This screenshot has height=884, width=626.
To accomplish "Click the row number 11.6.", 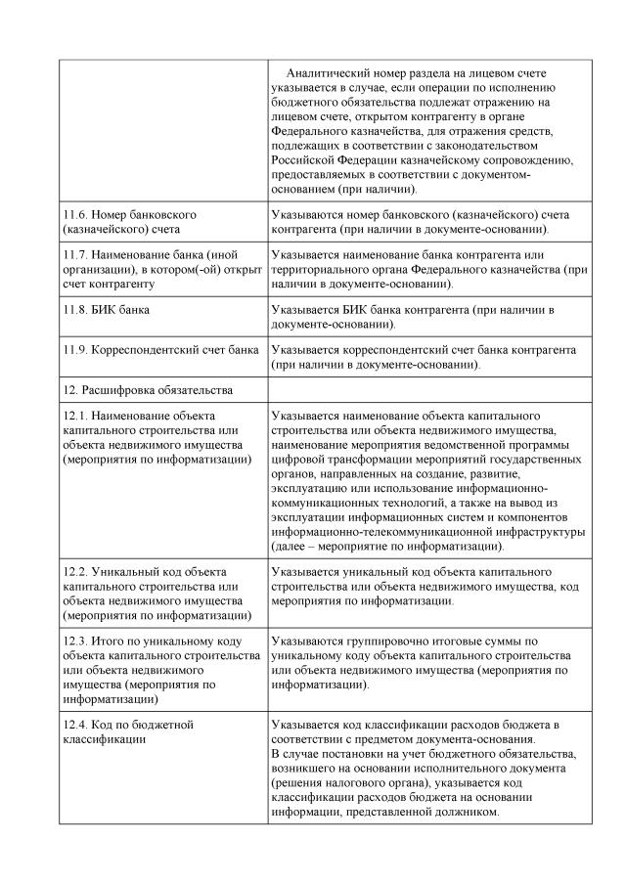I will click(75, 214).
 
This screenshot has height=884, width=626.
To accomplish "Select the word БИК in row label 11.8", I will click(105, 309).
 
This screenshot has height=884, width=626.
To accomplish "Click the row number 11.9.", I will click(75, 349).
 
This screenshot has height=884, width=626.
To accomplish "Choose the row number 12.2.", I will click(75, 572).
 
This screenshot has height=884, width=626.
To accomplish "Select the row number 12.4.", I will click(75, 725).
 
